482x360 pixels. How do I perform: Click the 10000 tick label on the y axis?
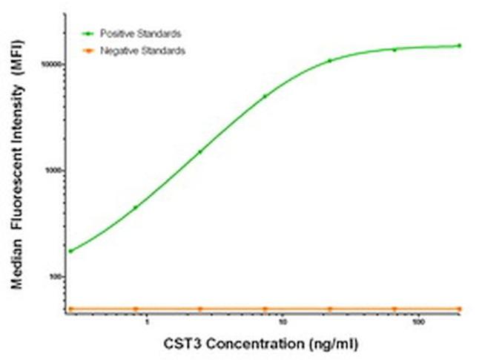coord(51,65)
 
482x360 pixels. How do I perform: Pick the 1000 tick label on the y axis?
coord(53,171)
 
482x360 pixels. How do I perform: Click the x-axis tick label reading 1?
coord(147,323)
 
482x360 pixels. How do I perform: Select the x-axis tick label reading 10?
coord(283,323)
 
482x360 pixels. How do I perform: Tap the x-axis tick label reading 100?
coord(418,323)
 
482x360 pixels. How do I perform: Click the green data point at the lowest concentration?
coord(70,251)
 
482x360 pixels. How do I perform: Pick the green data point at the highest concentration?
coord(459,45)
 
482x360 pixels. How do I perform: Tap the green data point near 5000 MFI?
coord(265,96)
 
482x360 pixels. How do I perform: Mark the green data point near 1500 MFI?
coord(199,152)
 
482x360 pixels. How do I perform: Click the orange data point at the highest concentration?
coord(459,309)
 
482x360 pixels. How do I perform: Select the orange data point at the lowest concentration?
coord(70,309)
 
